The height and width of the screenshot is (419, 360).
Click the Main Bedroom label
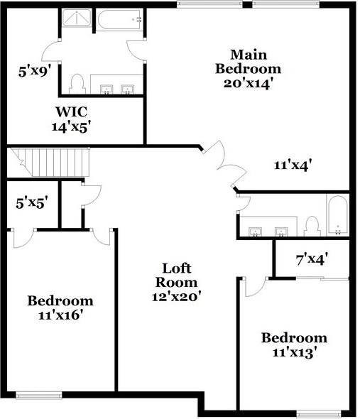point(248,62)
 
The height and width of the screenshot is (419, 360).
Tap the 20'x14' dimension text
point(248,82)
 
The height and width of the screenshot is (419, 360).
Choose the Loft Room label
point(177,275)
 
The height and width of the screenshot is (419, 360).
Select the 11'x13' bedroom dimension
point(294,351)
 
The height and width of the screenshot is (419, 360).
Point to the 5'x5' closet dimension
point(31,202)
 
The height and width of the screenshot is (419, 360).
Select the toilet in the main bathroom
point(79,84)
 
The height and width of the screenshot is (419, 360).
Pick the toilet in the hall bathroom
point(311,225)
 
